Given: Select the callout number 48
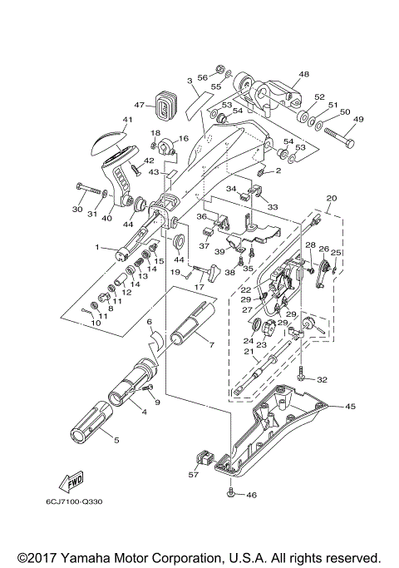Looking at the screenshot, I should (303, 74).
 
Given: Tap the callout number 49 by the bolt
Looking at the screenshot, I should (359, 119).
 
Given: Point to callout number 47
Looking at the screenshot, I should (140, 106).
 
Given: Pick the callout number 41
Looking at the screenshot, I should (127, 120).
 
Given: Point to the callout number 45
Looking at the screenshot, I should (350, 407).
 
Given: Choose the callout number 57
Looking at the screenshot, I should (193, 475).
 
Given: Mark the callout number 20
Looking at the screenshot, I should (332, 199).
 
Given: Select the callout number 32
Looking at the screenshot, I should (322, 379).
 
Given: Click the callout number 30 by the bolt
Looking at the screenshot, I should (77, 210).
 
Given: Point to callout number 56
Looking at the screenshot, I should (202, 76).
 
